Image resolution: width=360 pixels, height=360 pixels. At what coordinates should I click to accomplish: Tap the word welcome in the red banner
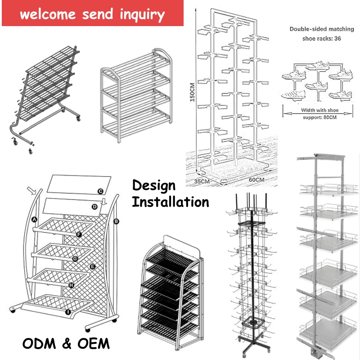47,14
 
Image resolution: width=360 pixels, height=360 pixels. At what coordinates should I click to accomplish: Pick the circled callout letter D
94,207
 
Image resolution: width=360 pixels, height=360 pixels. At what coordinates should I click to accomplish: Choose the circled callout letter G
75,259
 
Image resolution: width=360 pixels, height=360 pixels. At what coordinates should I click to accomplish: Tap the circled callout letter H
71,285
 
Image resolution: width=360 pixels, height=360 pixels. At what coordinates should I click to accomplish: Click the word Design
153,186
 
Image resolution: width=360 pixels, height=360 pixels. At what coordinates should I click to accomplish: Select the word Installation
170,202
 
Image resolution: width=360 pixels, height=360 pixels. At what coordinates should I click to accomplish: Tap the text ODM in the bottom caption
38,344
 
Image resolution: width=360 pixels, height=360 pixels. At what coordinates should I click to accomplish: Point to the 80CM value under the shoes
328,118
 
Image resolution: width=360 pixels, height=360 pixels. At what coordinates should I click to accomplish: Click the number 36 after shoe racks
337,39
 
